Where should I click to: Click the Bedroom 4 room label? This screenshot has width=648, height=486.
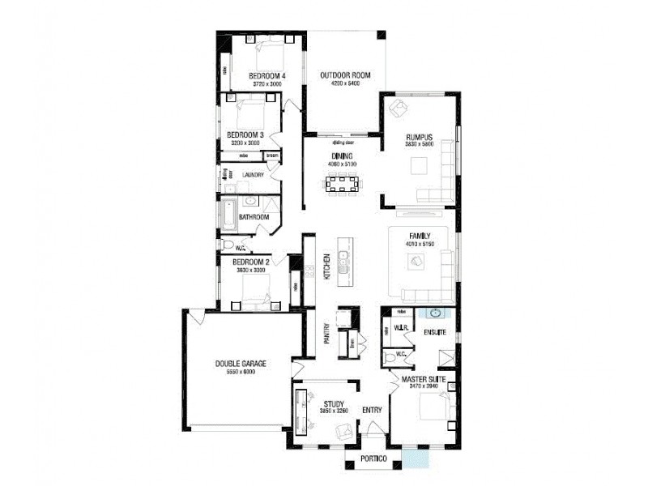click(266, 75)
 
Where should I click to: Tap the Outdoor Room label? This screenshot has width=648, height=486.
click(345, 75)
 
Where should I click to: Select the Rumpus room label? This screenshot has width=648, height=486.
click(420, 137)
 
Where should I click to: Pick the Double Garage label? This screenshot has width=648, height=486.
click(241, 364)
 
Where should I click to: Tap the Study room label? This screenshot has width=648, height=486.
click(334, 403)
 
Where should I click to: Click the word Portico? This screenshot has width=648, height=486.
click(373, 460)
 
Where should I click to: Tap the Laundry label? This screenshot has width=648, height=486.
click(254, 174)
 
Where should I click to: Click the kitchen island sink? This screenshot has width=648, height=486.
click(343, 261)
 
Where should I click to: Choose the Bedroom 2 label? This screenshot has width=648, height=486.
click(250, 262)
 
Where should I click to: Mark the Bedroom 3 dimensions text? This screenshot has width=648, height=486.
click(245, 143)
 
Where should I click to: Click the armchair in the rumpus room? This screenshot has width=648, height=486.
click(399, 108)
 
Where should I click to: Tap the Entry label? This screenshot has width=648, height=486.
click(372, 410)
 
